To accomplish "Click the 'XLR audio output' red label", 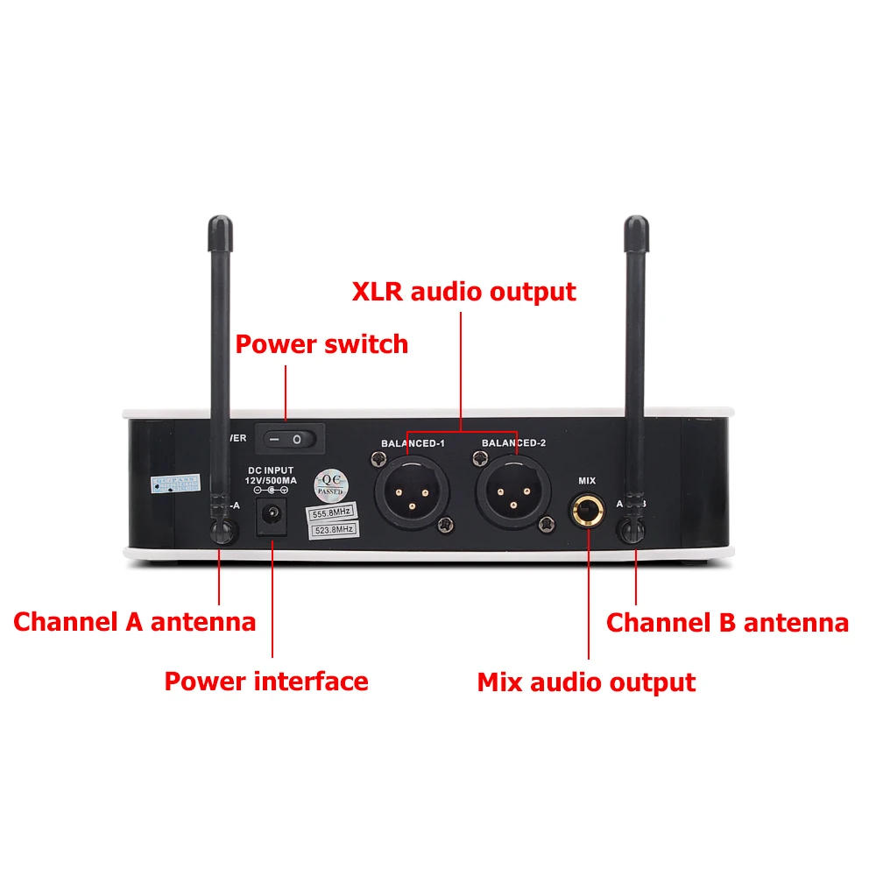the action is pyautogui.click(x=464, y=291).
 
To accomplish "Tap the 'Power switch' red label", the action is pyautogui.click(x=321, y=343).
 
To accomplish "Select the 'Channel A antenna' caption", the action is pyautogui.click(x=134, y=622).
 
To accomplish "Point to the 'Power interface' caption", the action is pyautogui.click(x=266, y=681).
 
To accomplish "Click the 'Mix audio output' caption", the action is pyautogui.click(x=586, y=682).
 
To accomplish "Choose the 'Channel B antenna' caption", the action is pyautogui.click(x=727, y=623).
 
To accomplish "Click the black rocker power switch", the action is pyautogui.click(x=288, y=437).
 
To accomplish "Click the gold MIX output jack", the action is pyautogui.click(x=587, y=511).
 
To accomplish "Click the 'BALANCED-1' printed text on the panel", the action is pyautogui.click(x=413, y=443).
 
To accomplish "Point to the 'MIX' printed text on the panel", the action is pyautogui.click(x=587, y=480).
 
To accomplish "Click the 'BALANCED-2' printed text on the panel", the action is pyautogui.click(x=513, y=443).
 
